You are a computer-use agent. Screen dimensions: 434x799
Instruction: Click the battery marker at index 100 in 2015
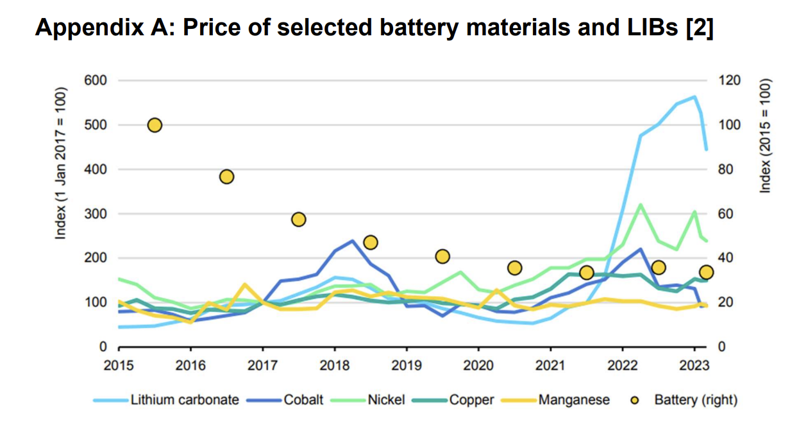[x=155, y=125]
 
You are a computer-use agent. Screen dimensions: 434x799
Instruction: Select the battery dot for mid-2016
[x=226, y=177]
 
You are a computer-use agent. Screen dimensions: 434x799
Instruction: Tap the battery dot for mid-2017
[x=298, y=220]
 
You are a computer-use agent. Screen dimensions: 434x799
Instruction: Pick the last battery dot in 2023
[x=706, y=272]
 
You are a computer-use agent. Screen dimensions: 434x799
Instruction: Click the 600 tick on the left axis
[x=94, y=80]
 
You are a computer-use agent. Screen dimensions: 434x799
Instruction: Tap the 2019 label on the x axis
[x=406, y=366]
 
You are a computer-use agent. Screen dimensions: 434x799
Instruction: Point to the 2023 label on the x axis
[x=693, y=366]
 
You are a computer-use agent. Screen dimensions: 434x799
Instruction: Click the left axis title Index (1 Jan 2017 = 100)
[x=61, y=169]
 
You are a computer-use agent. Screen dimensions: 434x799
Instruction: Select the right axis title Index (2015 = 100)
[x=765, y=136]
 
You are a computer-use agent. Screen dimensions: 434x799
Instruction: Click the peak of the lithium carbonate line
[x=694, y=97]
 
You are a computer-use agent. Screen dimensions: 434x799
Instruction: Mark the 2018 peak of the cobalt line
[x=352, y=241]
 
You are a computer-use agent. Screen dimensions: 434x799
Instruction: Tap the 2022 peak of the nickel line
[x=640, y=205]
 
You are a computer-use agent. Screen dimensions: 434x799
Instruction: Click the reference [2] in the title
[x=698, y=28]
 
